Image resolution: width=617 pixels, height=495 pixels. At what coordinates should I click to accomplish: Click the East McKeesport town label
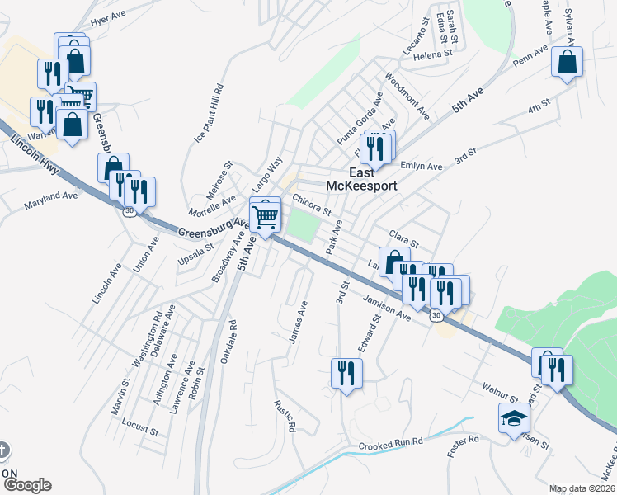click(361, 179)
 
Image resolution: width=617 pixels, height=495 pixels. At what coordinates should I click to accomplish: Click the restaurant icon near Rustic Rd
click(346, 373)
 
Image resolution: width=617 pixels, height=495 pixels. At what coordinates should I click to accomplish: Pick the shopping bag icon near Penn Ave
click(567, 62)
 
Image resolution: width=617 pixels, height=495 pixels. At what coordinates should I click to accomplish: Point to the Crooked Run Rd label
click(391, 444)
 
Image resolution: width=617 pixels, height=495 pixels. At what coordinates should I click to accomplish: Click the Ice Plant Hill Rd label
click(209, 114)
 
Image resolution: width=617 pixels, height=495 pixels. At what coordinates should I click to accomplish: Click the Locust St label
click(139, 428)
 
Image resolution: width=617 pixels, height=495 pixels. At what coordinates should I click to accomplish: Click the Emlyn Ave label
click(422, 166)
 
